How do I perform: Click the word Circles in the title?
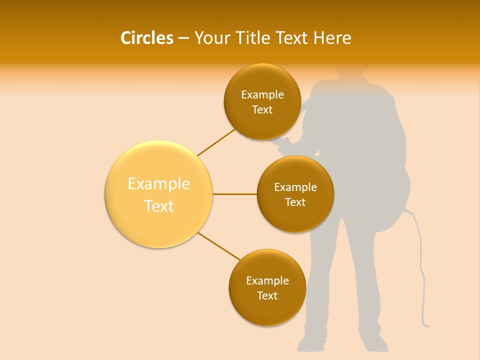coord(146,38)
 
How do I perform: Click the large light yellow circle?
coord(159,194)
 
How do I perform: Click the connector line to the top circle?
coord(216,142)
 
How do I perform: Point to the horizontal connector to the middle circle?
coord(234,194)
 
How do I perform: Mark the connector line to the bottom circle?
coord(219,246)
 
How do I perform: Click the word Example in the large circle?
coord(159,183)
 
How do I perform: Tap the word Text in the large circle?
coord(159,206)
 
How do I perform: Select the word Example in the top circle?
coord(262,94)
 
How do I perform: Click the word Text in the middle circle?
coord(295,202)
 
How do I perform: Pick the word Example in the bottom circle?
coord(267,280)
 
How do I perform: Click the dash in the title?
coord(183,38)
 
